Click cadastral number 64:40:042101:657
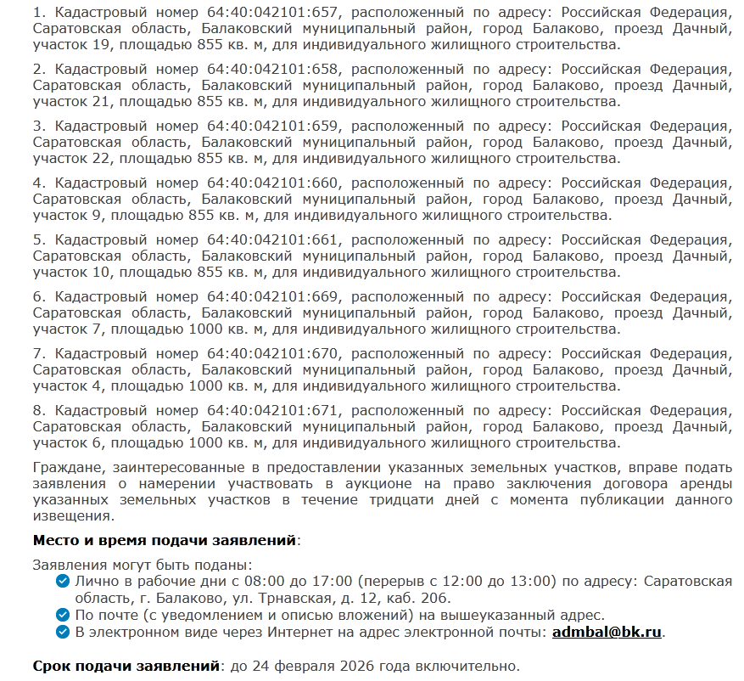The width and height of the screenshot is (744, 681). (x=273, y=13)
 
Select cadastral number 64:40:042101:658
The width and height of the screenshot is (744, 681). (x=273, y=70)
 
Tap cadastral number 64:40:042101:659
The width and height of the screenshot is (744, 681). (x=273, y=127)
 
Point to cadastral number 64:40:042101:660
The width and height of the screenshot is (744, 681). (x=273, y=183)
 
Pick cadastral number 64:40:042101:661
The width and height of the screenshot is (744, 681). (x=273, y=240)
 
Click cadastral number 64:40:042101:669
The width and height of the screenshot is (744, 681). (x=273, y=297)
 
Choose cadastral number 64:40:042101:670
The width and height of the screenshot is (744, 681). (x=273, y=354)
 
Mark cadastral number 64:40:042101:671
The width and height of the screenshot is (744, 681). (x=273, y=411)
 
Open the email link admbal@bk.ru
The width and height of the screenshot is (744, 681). (x=607, y=633)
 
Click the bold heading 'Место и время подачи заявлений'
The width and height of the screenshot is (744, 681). (x=165, y=540)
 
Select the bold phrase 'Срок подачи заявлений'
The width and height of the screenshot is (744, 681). (x=126, y=667)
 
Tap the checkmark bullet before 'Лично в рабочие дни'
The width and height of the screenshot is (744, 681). (x=62, y=582)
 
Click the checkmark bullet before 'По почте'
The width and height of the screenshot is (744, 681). (x=62, y=616)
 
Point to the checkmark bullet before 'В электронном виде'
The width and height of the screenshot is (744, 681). (x=62, y=633)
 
